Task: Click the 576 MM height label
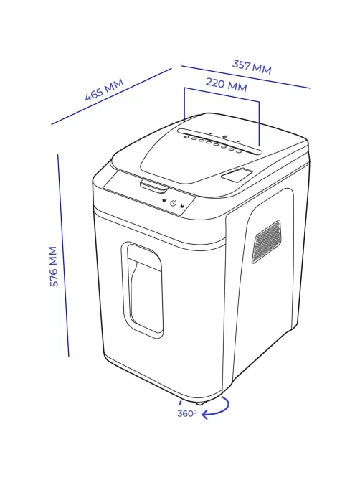(x=54, y=266)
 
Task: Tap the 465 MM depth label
(x=104, y=89)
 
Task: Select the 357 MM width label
(x=252, y=67)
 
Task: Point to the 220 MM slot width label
(x=226, y=85)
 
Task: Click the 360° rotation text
(x=186, y=413)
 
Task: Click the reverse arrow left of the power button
(x=164, y=201)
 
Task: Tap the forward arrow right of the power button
(x=182, y=206)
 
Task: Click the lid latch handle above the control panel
(x=154, y=187)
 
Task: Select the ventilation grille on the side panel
(x=266, y=242)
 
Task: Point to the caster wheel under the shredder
(x=199, y=402)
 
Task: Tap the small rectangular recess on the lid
(x=237, y=175)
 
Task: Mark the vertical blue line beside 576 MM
(x=63, y=255)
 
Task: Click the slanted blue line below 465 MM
(x=111, y=96)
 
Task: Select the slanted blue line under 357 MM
(x=246, y=77)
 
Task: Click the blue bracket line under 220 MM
(x=222, y=95)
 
